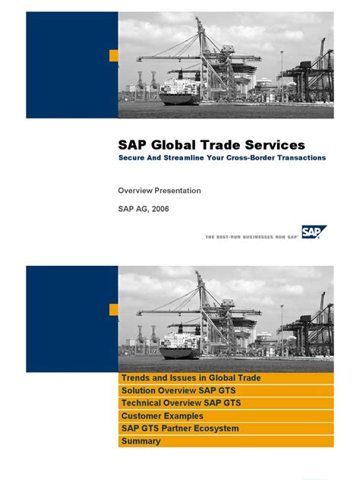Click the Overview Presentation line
click(x=159, y=191)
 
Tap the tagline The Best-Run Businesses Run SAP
click(x=251, y=236)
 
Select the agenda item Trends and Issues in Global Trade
click(x=191, y=378)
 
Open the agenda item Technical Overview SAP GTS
click(x=178, y=403)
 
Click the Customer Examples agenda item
click(x=163, y=416)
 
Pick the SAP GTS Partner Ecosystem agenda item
click(x=180, y=428)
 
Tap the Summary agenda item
click(x=141, y=441)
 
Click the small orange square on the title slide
click(x=113, y=55)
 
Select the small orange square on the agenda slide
click(x=113, y=309)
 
